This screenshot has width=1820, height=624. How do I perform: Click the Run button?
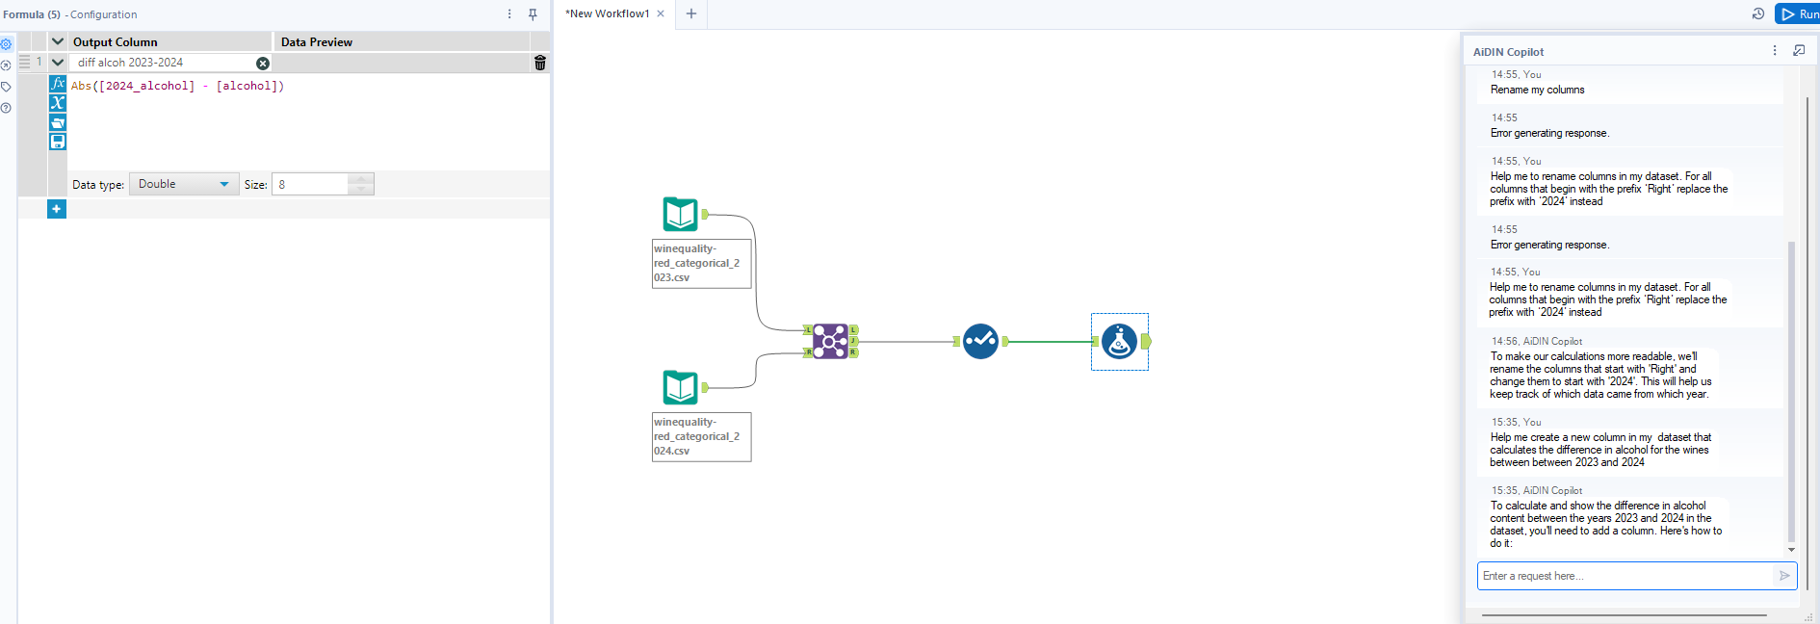(x=1798, y=13)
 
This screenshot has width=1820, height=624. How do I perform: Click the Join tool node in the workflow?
(x=830, y=341)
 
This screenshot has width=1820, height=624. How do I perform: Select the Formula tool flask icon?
(x=1119, y=341)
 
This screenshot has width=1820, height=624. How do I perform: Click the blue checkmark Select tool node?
(x=980, y=341)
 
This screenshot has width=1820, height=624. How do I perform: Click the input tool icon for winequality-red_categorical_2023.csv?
(x=680, y=214)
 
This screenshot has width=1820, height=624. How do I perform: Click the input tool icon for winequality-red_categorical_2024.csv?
(x=680, y=387)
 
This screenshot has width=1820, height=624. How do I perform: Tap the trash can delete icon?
(x=540, y=63)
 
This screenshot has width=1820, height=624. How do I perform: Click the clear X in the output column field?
(x=263, y=63)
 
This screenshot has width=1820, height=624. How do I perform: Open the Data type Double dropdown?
(x=184, y=184)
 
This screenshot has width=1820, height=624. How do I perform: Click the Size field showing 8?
(x=310, y=184)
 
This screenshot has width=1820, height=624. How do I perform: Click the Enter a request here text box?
(x=1625, y=576)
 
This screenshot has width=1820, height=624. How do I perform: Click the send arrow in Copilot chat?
(x=1784, y=576)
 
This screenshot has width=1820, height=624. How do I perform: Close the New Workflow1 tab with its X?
(x=661, y=13)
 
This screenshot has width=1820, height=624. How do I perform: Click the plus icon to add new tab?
(x=690, y=13)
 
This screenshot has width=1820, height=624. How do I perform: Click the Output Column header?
(x=116, y=41)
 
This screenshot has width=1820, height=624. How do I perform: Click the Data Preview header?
(x=317, y=41)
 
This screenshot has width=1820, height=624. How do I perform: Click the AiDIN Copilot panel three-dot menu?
(x=1775, y=50)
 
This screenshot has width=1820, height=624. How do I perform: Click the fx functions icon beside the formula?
(x=58, y=84)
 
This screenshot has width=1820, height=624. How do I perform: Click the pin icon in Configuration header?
(x=533, y=13)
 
